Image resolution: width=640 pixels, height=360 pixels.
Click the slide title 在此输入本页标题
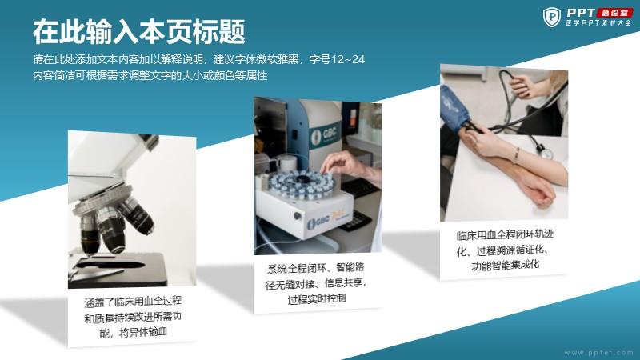coord(138,31)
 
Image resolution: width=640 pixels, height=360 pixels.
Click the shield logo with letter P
coord(552,17)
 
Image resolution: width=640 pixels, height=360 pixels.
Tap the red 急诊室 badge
coord(614,13)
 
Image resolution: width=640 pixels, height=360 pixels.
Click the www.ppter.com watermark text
coord(598,353)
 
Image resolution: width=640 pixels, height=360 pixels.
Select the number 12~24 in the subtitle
coord(347,59)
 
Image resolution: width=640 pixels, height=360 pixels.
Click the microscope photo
coord(132,210)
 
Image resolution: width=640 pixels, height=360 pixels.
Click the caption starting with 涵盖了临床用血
coord(133,317)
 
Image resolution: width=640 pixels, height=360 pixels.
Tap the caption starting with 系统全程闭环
coord(316,283)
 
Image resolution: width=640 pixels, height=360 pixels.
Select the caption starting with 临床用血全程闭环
coord(505,250)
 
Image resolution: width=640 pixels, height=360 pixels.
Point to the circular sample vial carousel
coord(302,185)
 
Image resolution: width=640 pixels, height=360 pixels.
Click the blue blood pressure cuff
coord(454,107)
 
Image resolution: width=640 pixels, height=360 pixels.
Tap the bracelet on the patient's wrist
coord(516,155)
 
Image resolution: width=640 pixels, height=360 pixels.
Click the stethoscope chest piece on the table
coord(545,153)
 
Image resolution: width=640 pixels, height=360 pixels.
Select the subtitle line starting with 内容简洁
coord(150,75)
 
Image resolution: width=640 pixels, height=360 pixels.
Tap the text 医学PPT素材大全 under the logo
coord(598,23)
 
